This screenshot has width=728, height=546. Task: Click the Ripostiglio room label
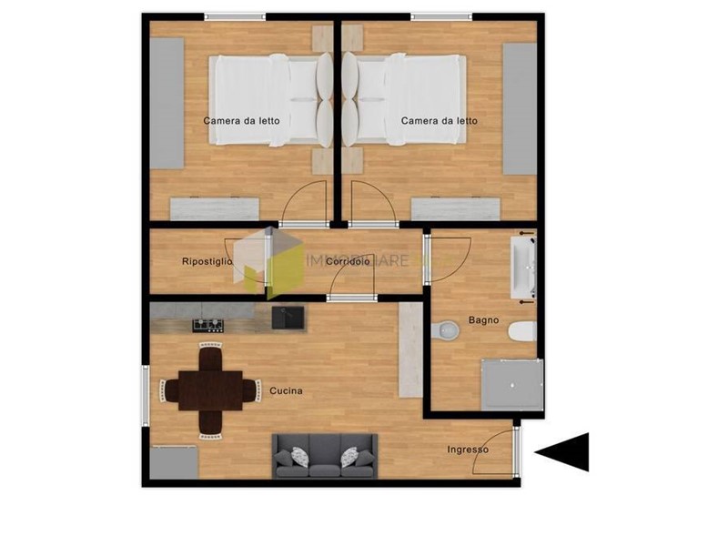pos(207,262)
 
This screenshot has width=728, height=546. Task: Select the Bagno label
pos(482,319)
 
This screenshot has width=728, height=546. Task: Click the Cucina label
pos(286,391)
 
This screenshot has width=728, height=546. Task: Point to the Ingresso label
pos(468,450)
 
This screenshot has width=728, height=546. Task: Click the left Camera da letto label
pos(241,120)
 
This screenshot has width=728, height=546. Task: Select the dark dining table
pos(210,390)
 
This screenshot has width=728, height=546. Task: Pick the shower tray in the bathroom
pos(511,384)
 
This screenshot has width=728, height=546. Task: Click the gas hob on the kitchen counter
pos(207,325)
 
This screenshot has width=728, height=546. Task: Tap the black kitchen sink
pos(288,318)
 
